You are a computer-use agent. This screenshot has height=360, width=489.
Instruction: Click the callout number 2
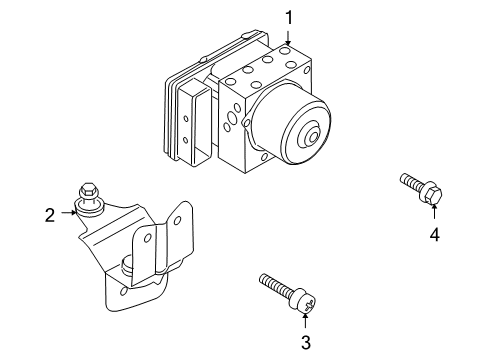[x=48, y=212]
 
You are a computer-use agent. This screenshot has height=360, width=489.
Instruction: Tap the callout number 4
[x=435, y=235]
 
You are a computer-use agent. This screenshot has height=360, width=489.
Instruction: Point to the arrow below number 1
[x=288, y=36]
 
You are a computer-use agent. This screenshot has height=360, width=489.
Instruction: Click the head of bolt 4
[x=432, y=195]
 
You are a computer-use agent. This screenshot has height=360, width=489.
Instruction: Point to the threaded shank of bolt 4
[x=410, y=183]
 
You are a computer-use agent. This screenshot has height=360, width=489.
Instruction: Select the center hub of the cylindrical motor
[x=313, y=136]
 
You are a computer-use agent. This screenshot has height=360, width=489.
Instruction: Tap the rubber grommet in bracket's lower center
[x=128, y=264]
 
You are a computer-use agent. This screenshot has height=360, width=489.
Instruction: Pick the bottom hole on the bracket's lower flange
[x=123, y=292]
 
